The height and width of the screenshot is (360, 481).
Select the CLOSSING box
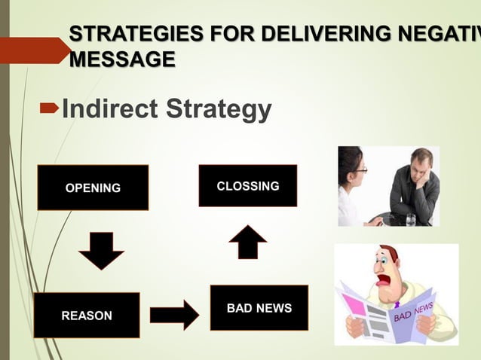point(247,185)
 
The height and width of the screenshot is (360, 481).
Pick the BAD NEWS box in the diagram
point(259,308)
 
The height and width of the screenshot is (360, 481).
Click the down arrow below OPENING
point(101,250)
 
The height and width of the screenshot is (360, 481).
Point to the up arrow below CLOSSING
point(247,242)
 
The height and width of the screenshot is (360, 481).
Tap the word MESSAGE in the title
point(122,59)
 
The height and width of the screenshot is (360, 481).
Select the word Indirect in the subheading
point(109,110)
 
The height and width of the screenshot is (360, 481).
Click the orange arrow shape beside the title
point(34,50)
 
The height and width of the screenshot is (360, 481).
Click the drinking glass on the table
point(410,219)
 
